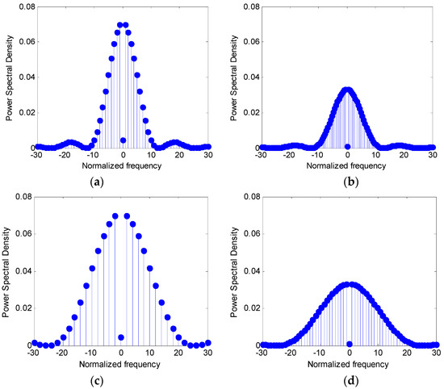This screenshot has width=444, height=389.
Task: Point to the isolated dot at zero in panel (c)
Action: (121, 337)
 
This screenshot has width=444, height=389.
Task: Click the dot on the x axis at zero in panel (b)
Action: (347, 147)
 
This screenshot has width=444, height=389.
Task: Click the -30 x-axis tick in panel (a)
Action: (33, 156)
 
